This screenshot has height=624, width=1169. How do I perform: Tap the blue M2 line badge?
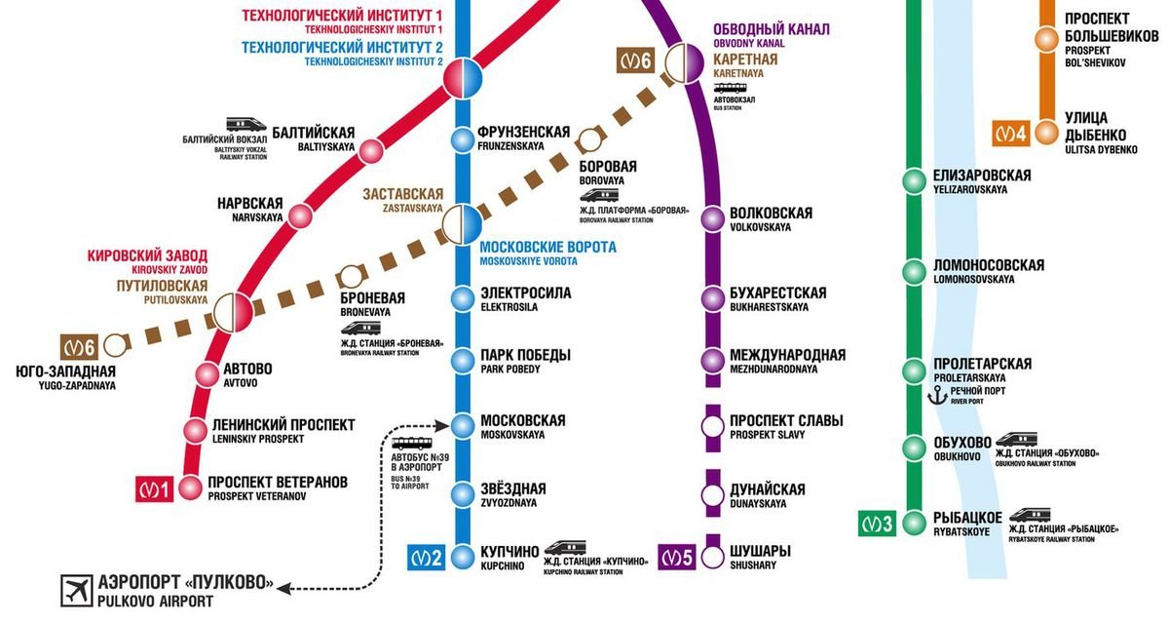427,559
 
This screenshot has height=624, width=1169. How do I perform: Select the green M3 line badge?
876,524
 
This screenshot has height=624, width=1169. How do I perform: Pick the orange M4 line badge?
1010,133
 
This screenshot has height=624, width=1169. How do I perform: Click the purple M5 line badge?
678,558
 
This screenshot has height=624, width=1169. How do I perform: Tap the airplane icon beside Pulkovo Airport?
73,588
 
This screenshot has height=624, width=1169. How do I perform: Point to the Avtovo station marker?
207,373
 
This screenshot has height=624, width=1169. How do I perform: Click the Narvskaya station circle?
300,216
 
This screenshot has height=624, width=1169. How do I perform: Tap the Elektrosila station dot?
463,297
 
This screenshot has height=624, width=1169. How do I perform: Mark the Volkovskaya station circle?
713,218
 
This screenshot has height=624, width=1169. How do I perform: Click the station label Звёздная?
512,488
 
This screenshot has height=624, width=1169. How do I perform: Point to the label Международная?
787,355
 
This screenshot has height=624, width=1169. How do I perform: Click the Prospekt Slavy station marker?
713,426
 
